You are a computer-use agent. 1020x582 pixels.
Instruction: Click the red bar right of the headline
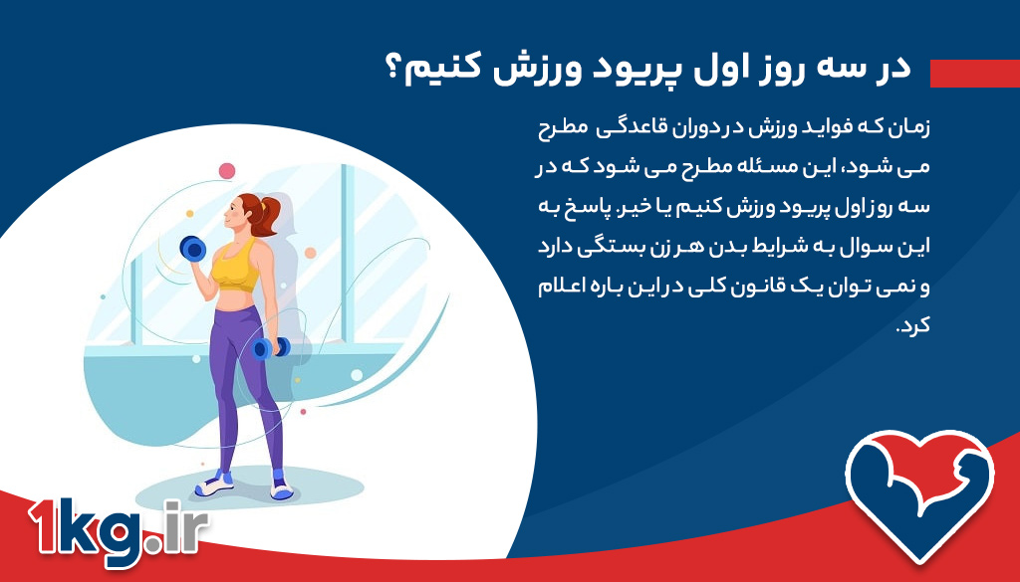(x=974, y=73)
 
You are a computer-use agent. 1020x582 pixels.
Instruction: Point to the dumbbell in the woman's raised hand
(x=192, y=249)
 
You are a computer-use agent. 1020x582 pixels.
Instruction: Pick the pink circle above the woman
(x=227, y=170)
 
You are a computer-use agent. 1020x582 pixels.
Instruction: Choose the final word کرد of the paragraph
(x=912, y=328)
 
